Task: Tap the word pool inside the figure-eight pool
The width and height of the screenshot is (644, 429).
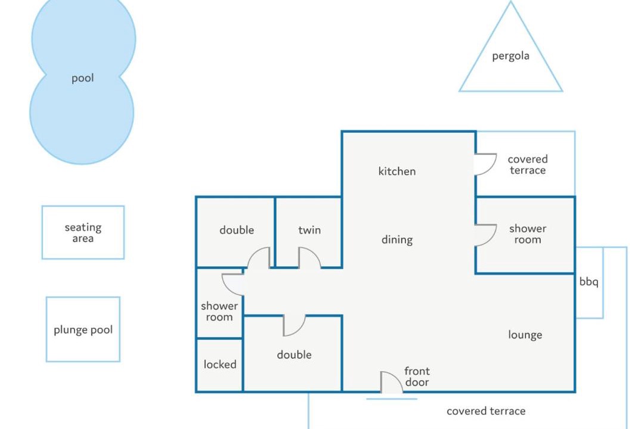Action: (x=82, y=78)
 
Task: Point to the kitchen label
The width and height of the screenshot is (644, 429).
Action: (x=397, y=171)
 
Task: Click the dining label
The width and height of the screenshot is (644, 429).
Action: (x=397, y=240)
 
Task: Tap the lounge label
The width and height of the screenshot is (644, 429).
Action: (x=525, y=335)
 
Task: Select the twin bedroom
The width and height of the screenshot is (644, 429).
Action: (x=308, y=232)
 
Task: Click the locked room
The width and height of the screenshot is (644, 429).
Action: (x=219, y=365)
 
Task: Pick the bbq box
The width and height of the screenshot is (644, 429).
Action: (x=589, y=282)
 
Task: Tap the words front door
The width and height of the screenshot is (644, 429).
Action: (x=417, y=377)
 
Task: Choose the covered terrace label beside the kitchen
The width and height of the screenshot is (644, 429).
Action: (x=528, y=164)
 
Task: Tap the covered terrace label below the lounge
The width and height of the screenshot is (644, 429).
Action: (x=486, y=411)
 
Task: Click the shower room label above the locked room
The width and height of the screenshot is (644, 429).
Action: (x=219, y=311)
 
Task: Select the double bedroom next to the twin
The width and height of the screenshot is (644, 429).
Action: (x=236, y=232)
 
